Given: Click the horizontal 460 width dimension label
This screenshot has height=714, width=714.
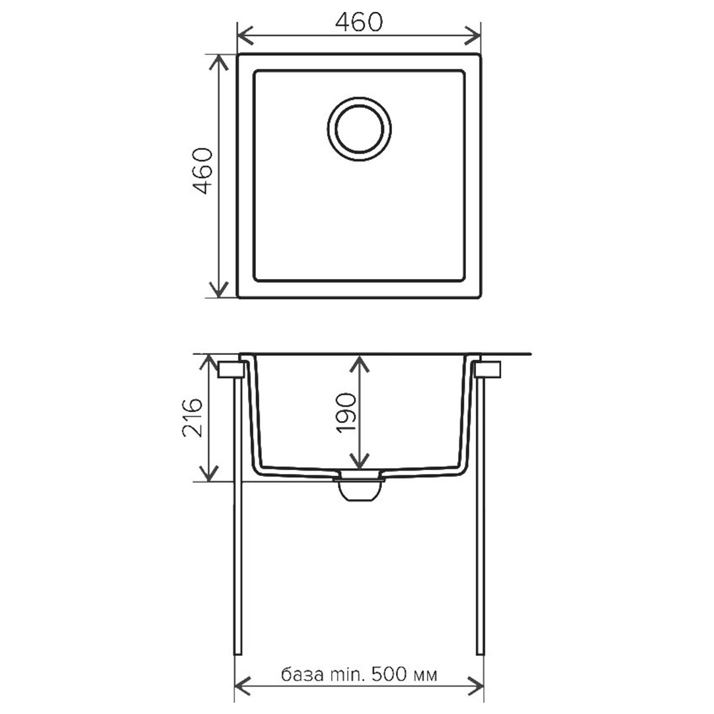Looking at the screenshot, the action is coord(359,22).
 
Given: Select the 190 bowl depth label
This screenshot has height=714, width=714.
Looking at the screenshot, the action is coord(346,413).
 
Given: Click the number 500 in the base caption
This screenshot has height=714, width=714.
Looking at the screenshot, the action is coord(390,674).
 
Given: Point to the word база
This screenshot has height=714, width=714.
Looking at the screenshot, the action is coord(302,674).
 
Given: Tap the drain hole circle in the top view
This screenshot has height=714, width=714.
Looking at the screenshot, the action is coord(359,130).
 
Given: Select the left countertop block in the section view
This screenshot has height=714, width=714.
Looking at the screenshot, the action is coord(231,370).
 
